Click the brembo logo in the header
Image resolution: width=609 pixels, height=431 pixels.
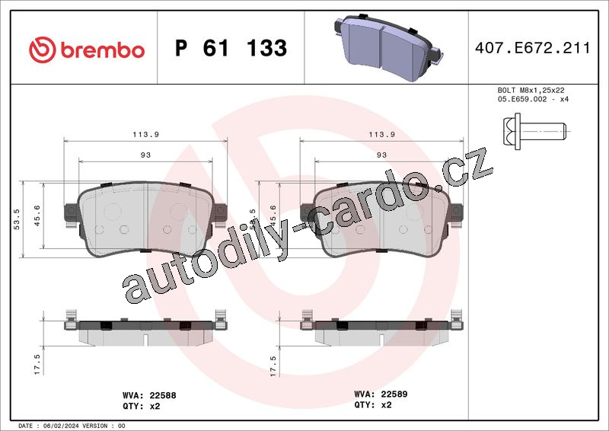(87, 49)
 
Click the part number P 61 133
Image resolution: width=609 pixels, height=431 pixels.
(231, 48)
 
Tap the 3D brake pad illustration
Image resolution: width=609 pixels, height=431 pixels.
(387, 47)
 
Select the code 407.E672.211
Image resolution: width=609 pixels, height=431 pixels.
(532, 48)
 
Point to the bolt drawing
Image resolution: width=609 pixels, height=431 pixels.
(535, 131)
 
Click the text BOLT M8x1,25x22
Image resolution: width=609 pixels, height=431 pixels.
(531, 90)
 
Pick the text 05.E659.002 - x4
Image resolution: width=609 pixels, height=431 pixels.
(533, 99)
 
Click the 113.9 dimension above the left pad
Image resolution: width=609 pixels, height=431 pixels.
(145, 135)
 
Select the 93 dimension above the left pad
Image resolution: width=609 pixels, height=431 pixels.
(145, 155)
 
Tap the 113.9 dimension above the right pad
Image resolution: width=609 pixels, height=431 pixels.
(382, 135)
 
